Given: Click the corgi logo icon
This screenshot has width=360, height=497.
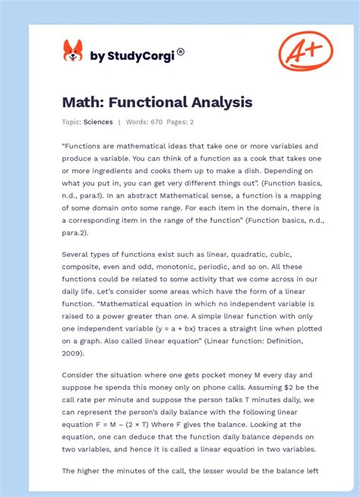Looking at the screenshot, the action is (x=73, y=51).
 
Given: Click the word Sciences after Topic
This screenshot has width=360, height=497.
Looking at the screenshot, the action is (x=99, y=122).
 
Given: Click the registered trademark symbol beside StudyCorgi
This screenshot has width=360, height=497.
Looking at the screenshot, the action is (x=181, y=52).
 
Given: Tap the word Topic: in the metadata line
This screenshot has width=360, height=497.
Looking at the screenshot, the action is (x=71, y=122).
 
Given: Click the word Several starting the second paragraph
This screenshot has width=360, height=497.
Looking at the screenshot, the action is (x=78, y=254).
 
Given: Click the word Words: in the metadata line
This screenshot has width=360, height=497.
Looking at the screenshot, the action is (x=137, y=122).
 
